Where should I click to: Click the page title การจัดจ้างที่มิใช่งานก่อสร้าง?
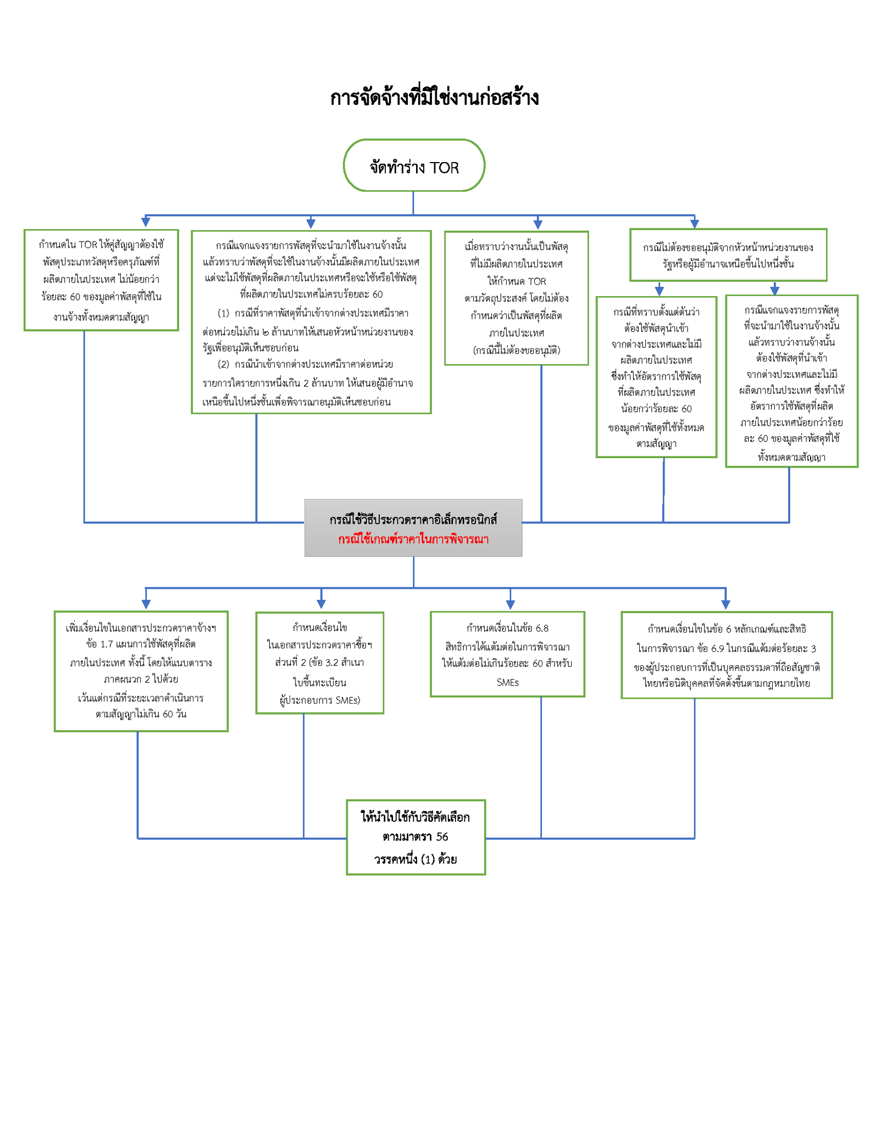coord(434,98)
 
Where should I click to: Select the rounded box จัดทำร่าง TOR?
coord(414,165)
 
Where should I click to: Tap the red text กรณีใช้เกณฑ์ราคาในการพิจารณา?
coord(413,539)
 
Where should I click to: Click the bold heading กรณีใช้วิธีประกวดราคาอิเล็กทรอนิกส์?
coord(413,520)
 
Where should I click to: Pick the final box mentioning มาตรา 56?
coord(415,837)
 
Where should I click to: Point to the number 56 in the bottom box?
coord(442,837)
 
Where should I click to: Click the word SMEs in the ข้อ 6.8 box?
coord(507,682)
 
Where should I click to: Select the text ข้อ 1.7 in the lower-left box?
coord(99,644)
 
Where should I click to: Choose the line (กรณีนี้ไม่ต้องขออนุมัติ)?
coord(517,350)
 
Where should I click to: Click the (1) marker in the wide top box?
coord(223,314)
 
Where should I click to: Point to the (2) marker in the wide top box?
coord(223,364)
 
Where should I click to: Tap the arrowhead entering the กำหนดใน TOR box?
coord(146,222)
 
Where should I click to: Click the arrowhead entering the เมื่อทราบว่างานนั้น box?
coord(538,224)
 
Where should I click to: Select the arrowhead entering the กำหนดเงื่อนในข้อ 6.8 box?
coord(510,604)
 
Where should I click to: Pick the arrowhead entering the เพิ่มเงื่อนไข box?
coord(146,604)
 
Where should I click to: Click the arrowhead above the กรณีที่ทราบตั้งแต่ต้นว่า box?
coord(660,291)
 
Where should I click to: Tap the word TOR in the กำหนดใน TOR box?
coord(88,245)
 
